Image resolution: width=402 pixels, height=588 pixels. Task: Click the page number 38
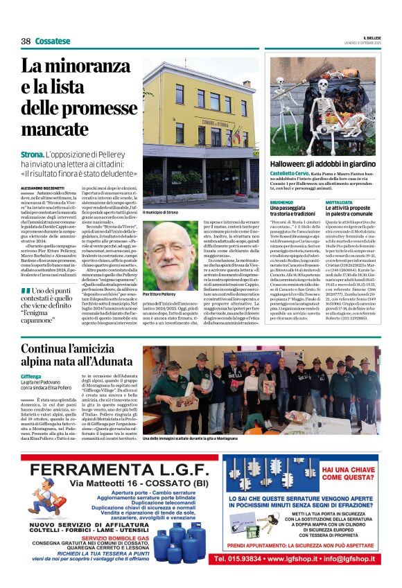(26, 42)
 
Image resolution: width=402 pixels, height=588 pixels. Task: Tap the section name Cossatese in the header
(53, 42)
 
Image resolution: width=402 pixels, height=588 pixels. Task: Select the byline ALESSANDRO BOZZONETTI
(45, 188)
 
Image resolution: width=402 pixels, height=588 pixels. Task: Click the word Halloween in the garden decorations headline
(292, 163)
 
